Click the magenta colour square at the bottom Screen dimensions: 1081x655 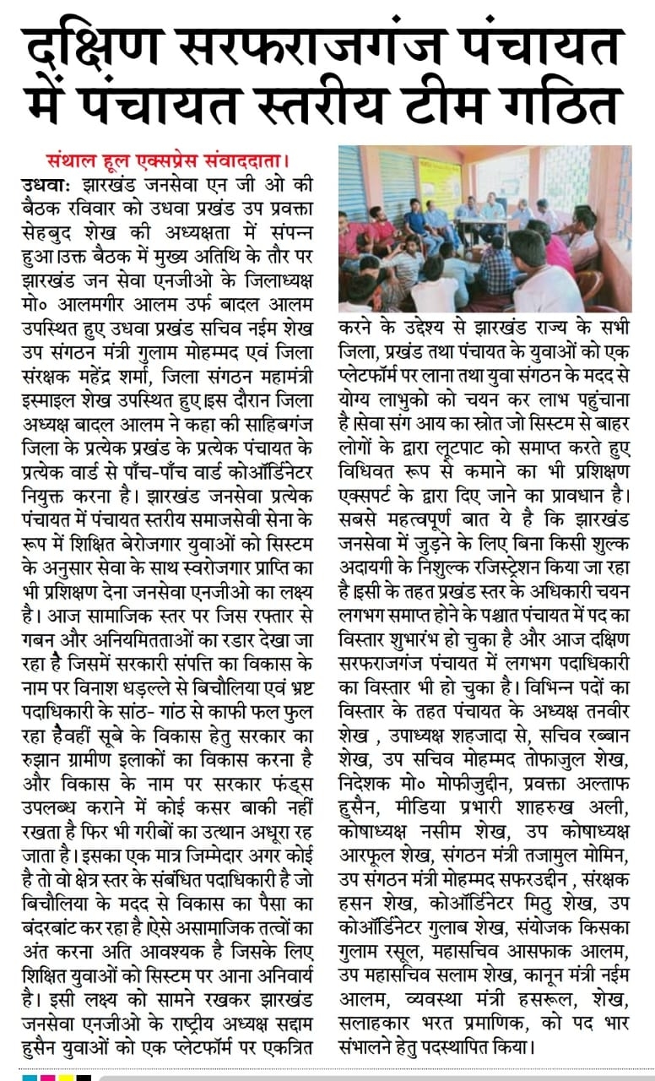[x=47, y=1078]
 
